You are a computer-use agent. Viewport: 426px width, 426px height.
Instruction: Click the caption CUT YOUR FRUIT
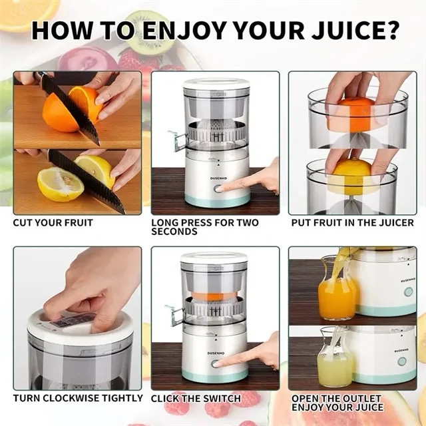(53, 223)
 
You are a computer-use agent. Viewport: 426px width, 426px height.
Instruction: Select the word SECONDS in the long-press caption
(174, 232)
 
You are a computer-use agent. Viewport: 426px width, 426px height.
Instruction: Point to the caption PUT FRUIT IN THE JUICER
(352, 223)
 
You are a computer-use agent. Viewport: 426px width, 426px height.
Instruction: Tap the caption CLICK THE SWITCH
(196, 399)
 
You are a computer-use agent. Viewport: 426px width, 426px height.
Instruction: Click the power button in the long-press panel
(218, 189)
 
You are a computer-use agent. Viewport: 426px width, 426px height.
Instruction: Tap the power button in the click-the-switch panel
(216, 364)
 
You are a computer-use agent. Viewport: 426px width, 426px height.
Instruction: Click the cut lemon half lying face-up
(61, 184)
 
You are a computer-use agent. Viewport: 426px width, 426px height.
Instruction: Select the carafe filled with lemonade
(335, 359)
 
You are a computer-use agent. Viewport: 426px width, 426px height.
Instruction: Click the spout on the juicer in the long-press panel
(178, 140)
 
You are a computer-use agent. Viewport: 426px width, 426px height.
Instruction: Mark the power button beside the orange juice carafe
(408, 292)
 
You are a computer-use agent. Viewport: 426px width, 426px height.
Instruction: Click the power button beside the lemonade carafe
(402, 361)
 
